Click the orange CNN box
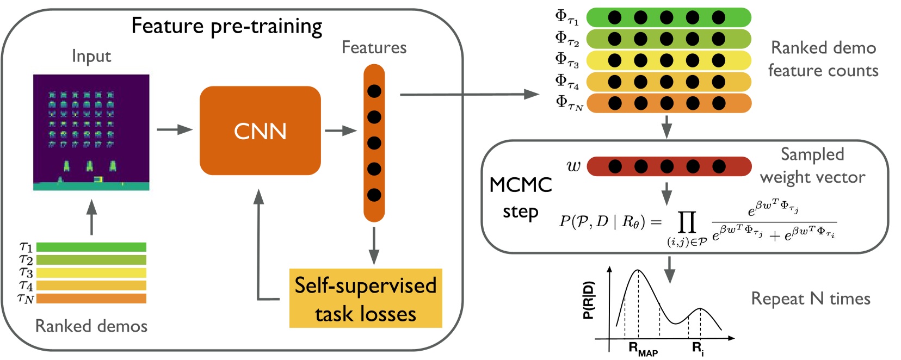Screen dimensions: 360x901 260,131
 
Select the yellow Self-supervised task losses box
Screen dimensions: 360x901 365,299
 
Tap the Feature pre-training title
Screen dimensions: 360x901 227,26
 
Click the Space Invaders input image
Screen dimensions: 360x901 91,132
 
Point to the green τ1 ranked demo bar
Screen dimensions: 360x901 91,247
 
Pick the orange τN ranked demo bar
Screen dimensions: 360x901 91,299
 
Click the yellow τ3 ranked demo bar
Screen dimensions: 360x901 91,273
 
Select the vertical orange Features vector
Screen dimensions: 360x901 374,143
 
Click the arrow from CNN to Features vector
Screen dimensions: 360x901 341,131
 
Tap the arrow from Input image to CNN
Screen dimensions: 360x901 175,129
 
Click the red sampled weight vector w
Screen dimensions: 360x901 669,166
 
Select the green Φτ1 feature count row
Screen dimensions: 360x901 669,17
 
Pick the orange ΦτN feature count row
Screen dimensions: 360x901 669,103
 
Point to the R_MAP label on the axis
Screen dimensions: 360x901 643,349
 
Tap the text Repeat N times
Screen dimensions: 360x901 810,299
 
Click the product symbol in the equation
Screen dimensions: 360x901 687,222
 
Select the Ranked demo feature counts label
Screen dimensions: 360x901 823,59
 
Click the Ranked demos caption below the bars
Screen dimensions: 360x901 91,326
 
